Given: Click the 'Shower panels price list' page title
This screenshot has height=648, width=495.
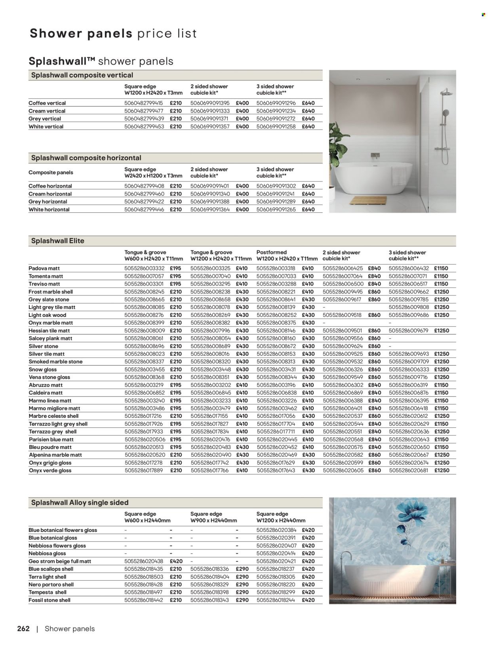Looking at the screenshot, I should coord(113,33).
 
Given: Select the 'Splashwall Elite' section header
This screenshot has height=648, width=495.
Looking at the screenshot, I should coord(58,240).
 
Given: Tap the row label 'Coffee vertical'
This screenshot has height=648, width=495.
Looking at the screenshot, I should coord(47,103).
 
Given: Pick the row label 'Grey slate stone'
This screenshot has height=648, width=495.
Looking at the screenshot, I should coord(49,299).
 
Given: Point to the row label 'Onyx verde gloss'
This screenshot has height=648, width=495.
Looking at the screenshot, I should coord(50,471).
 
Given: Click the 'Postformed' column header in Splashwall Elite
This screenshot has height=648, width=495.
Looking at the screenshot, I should coord(272,252).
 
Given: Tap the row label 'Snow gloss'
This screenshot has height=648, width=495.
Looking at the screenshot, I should coord(43,369).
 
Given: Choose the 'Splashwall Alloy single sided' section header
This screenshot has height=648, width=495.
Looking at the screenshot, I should coord(80,502).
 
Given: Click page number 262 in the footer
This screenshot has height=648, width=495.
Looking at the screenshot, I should coord(23,629).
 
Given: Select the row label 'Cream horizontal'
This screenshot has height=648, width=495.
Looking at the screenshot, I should coord(50,194).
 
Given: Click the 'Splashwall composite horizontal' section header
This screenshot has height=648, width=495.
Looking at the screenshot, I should coord(86,158).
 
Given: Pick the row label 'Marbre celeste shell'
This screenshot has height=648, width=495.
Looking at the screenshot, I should coord(53,416).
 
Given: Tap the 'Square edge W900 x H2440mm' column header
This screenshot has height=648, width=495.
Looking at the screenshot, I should coord(214,517).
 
